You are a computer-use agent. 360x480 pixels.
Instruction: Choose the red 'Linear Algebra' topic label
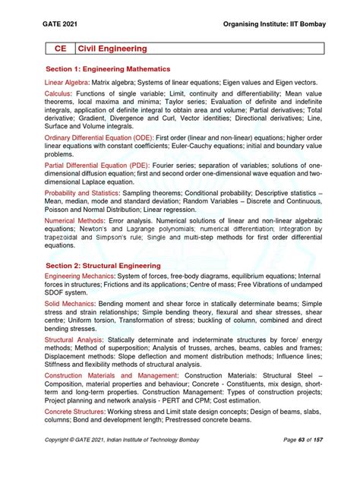[x=68, y=81]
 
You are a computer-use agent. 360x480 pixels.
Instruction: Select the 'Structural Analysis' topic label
[x=75, y=340]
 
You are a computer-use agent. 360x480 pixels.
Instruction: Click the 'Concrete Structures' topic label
[x=77, y=412]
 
